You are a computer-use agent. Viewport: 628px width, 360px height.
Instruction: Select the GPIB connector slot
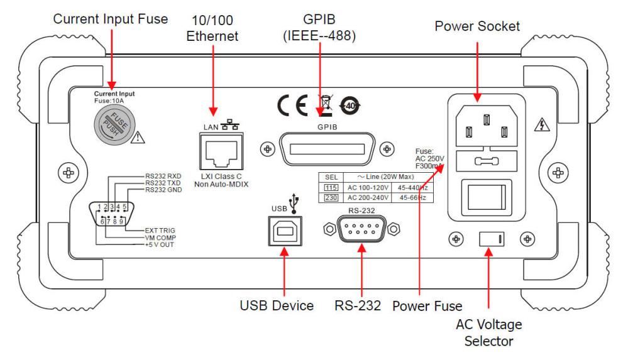pos(326,150)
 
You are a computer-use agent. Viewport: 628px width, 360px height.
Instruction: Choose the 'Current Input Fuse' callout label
pos(111,19)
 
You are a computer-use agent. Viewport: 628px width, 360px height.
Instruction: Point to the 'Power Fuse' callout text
pos(427,307)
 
